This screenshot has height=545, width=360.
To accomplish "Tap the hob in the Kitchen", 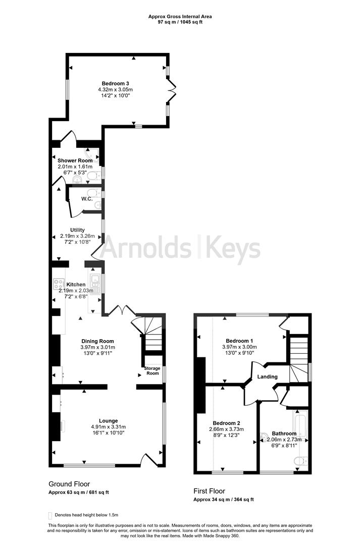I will coord(57,284).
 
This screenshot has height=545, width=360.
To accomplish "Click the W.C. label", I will coord(87,199).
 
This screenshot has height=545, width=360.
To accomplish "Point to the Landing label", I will coord(267,376).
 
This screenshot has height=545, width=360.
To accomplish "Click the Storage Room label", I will coord(152,371).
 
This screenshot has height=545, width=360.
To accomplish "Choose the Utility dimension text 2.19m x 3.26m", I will coord(77,236).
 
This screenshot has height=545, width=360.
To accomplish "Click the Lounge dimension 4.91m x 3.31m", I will coord(108,426).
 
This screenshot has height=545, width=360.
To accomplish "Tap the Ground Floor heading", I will coord(69,483).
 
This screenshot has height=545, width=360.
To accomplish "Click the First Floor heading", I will coord(209,490).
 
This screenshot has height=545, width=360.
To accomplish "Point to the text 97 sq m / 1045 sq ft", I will coord(180,22).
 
